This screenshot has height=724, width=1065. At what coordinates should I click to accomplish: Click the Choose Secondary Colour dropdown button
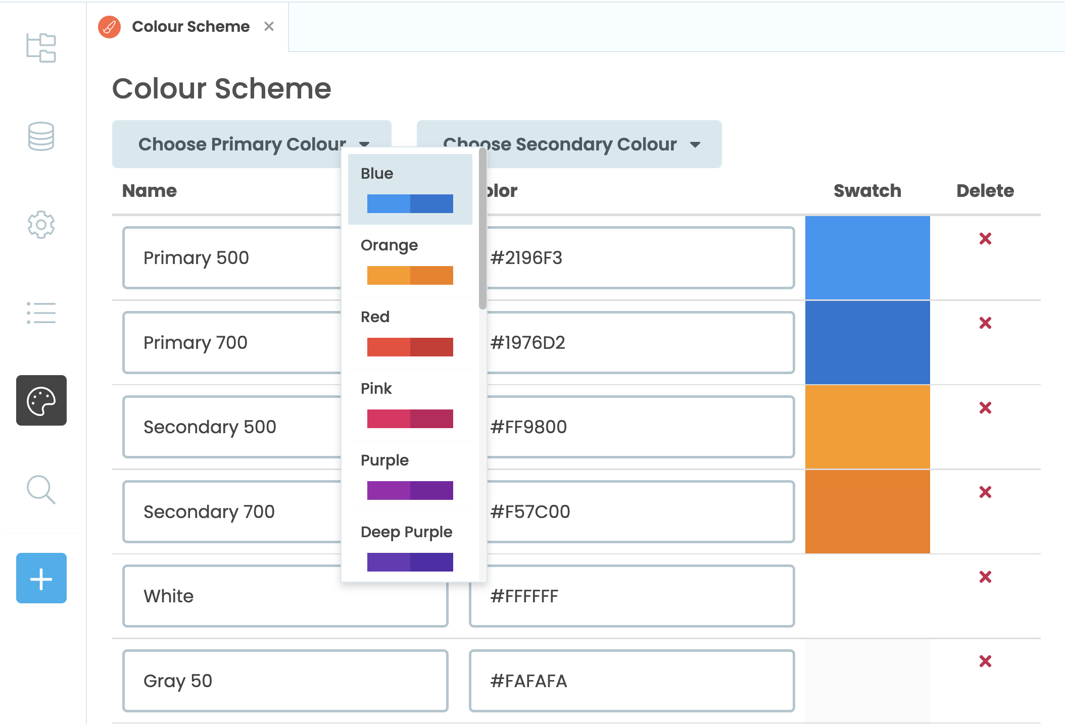pos(569,144)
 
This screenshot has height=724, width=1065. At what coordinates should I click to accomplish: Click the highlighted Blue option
pos(410,189)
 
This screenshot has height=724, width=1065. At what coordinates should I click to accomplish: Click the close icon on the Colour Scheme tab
pos(269,26)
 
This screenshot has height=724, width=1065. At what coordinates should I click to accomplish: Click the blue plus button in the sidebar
pos(41,578)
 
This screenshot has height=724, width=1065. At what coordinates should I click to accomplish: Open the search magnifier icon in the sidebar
pos(41,489)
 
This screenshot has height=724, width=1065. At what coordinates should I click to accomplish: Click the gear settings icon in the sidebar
pos(41,225)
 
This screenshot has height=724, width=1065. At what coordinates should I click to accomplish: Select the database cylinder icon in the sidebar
pos(41,136)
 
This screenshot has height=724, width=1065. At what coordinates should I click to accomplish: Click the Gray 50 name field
pos(285,681)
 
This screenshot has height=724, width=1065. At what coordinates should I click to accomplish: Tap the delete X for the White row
pos(985,577)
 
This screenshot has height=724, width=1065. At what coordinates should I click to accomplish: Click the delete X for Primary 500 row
pos(985,238)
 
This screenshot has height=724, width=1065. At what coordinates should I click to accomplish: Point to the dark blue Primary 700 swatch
pos(867,342)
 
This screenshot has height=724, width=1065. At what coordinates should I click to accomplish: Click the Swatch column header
pos(867,191)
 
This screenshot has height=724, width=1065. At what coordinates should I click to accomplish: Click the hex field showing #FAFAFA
pos(632,681)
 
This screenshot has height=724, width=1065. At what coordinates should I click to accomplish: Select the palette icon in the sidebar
pos(41,400)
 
